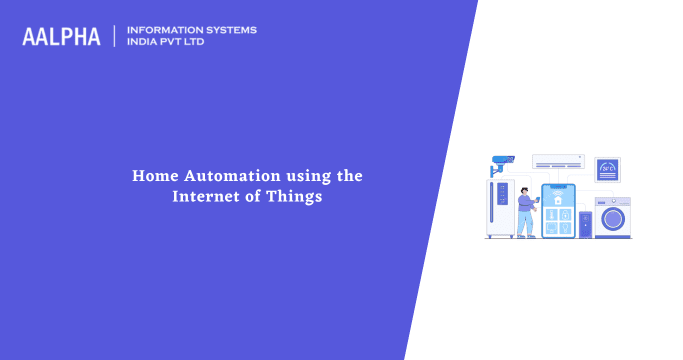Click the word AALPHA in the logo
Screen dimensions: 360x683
pos(61,37)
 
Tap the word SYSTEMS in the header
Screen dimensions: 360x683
pos(227,30)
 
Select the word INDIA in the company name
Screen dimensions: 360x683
pos(145,43)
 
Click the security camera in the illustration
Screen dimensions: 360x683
pos(502,160)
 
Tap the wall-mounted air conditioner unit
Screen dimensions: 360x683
pos(557,161)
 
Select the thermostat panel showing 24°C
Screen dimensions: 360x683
pos(607,169)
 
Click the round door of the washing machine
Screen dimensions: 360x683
pos(614,218)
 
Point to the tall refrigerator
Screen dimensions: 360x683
pos(500,207)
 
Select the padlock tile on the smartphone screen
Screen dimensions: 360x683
pos(566,215)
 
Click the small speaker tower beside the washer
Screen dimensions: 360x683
pos(586,222)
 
